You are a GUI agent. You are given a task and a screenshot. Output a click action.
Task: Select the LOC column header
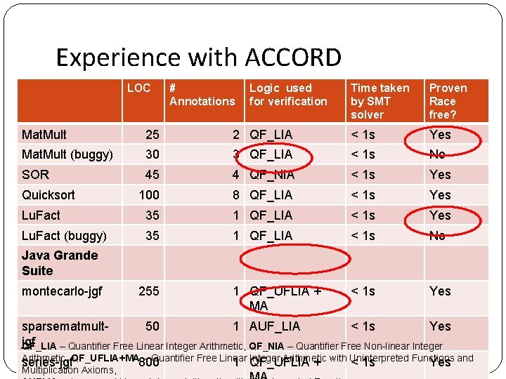click(x=138, y=88)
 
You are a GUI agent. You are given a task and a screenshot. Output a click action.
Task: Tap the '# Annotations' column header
click(x=202, y=95)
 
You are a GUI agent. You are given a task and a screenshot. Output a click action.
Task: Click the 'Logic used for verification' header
click(x=288, y=95)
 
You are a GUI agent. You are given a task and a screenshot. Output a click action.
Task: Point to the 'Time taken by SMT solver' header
click(x=379, y=101)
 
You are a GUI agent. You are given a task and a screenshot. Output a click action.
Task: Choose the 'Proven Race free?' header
click(x=448, y=101)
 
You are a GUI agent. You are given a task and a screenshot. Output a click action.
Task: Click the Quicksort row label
click(x=48, y=194)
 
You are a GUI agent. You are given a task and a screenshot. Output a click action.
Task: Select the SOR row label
click(x=35, y=174)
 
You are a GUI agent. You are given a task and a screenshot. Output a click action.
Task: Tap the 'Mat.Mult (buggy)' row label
click(x=67, y=154)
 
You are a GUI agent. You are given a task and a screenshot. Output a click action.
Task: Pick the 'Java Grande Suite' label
click(x=59, y=263)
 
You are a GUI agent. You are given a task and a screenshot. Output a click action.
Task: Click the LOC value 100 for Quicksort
click(x=149, y=194)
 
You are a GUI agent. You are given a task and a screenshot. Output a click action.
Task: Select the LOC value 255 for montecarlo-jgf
click(x=149, y=291)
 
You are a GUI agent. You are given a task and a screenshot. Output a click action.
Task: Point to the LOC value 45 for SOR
click(x=152, y=174)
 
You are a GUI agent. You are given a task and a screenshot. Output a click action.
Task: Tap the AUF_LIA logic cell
click(x=275, y=326)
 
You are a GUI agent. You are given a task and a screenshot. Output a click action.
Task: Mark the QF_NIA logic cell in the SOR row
click(x=272, y=174)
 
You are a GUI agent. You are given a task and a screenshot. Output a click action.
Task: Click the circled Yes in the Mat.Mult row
click(x=440, y=134)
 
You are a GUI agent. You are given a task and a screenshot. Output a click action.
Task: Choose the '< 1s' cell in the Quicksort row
click(x=363, y=194)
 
